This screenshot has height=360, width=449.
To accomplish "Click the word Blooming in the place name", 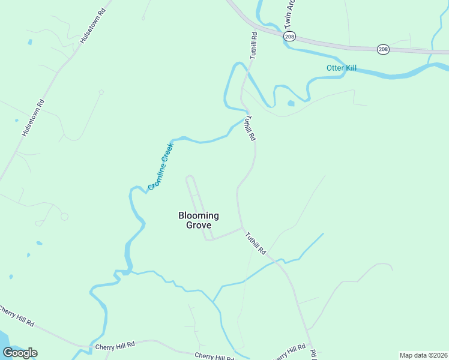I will [x=199, y=215].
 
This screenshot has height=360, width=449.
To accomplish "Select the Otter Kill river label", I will [x=342, y=68].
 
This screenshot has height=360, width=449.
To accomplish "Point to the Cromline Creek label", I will [x=161, y=166].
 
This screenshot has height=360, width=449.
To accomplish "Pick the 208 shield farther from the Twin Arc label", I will [x=383, y=49].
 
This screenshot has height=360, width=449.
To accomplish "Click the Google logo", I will [x=20, y=353].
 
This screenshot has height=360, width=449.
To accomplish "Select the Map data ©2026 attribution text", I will [x=423, y=355].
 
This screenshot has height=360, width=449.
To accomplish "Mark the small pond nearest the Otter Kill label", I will [x=291, y=103].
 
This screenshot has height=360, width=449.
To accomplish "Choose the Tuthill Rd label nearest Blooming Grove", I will [x=255, y=243].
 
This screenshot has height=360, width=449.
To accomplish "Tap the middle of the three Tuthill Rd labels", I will [x=249, y=128].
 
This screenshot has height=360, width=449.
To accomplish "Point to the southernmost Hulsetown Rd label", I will [x=34, y=118].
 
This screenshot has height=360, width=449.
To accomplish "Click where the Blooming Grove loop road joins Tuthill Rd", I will [x=242, y=228].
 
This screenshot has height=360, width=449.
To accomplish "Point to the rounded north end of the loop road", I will [x=190, y=177].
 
